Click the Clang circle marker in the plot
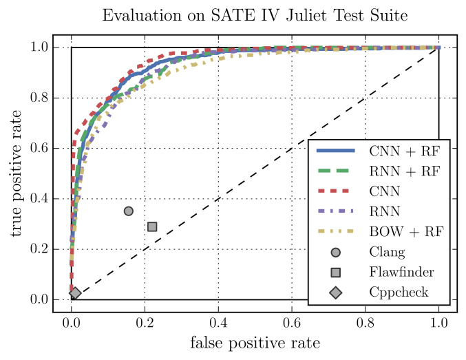click(128, 211)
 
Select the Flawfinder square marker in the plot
click(152, 226)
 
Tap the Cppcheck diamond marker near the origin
click(75, 293)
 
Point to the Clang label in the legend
click(387, 252)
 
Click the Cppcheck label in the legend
click(399, 293)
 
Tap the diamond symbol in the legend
click(335, 293)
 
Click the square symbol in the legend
click(335, 272)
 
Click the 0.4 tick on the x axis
click(218, 321)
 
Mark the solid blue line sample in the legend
click(335, 151)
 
